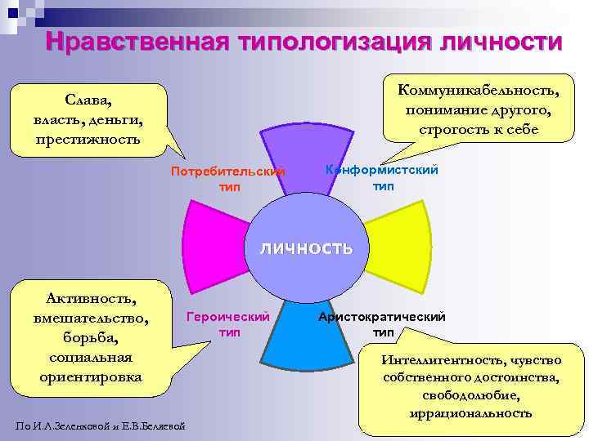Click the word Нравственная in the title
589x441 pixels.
130,42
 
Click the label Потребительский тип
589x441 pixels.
228,180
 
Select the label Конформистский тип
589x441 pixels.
382,177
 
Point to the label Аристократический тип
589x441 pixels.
382,324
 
